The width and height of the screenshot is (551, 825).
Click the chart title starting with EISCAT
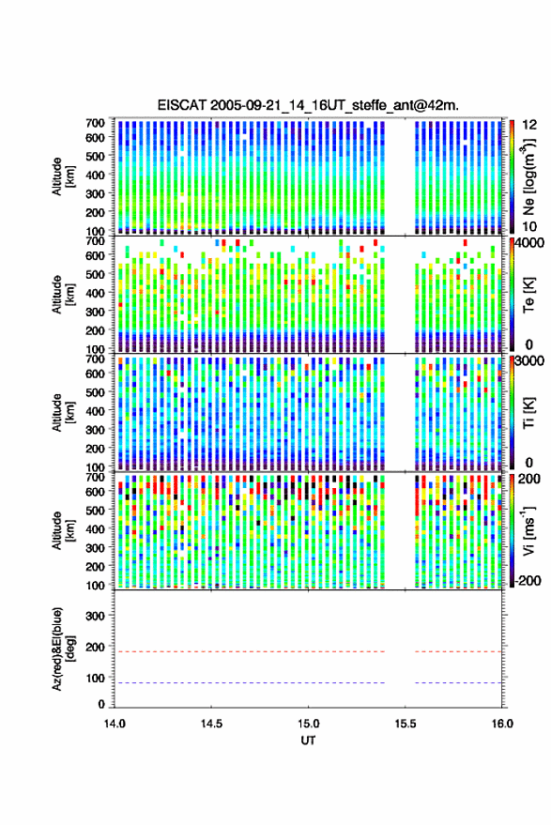(308, 105)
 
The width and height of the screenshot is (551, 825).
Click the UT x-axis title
(308, 741)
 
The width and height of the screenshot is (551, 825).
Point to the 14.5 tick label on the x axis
(211, 724)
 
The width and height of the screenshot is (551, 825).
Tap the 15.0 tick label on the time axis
(308, 724)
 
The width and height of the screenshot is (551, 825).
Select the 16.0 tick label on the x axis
(501, 724)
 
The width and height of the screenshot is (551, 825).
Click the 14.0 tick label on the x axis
(115, 724)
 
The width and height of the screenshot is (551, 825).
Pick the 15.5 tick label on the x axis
(405, 724)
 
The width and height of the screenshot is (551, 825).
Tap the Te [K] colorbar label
(528, 295)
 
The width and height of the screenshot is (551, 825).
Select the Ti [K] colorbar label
(528, 413)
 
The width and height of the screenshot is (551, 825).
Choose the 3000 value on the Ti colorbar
(529, 361)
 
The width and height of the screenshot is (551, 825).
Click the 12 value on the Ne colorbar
(529, 125)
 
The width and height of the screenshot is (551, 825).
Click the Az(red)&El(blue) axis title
(63, 649)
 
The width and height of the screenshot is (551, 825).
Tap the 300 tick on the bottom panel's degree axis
(95, 616)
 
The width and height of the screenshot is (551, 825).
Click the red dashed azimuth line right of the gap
(458, 651)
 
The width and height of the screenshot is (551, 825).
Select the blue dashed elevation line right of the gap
(458, 683)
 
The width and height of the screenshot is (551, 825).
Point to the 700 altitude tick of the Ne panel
(95, 123)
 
